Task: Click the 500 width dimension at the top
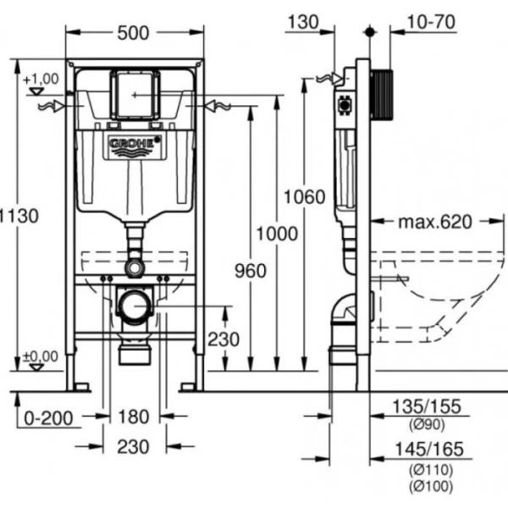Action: click(134, 32)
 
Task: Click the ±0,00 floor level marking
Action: click(42, 356)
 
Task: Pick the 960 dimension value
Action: click(249, 271)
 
